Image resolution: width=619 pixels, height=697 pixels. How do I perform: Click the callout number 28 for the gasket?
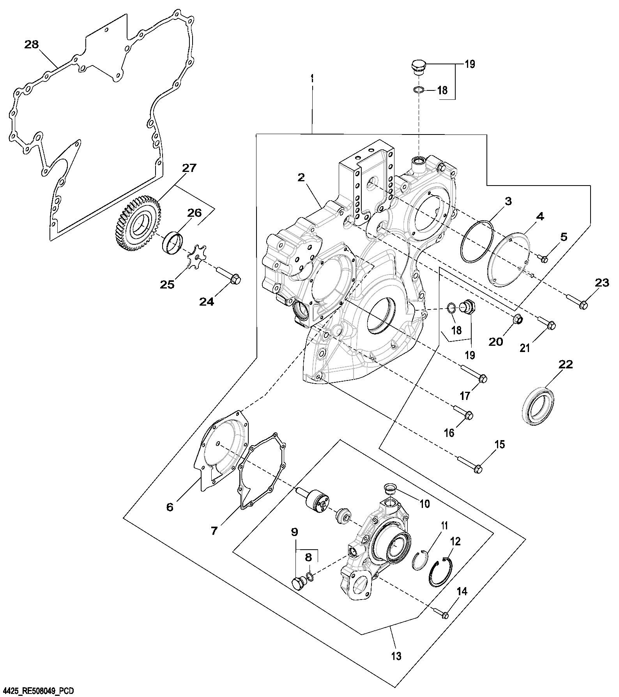click(x=32, y=44)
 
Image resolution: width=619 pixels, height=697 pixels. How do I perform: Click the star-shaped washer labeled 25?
click(x=195, y=258)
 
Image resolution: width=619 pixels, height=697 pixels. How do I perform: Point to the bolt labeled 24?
click(x=229, y=275)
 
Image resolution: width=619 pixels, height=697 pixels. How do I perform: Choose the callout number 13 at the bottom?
click(x=396, y=656)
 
